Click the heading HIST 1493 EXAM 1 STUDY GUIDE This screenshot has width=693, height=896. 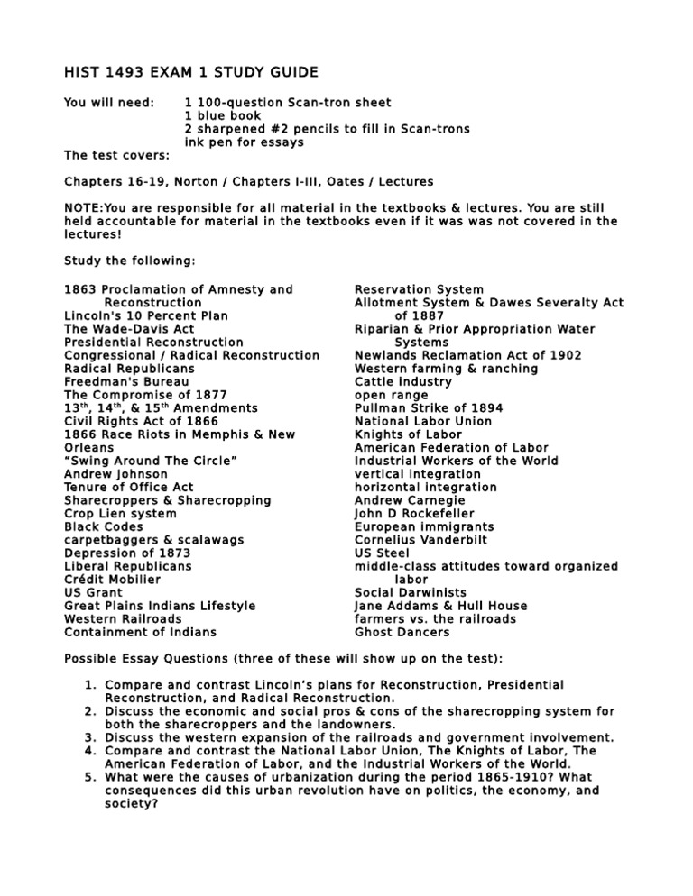point(190,72)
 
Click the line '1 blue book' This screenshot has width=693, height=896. point(222,116)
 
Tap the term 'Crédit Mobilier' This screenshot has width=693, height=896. point(113,580)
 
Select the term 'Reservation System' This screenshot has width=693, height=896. point(419,289)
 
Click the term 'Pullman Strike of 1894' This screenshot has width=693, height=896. point(429,408)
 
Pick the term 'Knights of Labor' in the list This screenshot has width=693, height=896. point(411,434)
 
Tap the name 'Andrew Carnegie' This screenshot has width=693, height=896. point(410,500)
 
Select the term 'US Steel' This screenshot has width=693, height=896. point(382,553)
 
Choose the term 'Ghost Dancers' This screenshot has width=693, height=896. point(402,633)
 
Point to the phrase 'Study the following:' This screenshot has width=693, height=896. point(129,261)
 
